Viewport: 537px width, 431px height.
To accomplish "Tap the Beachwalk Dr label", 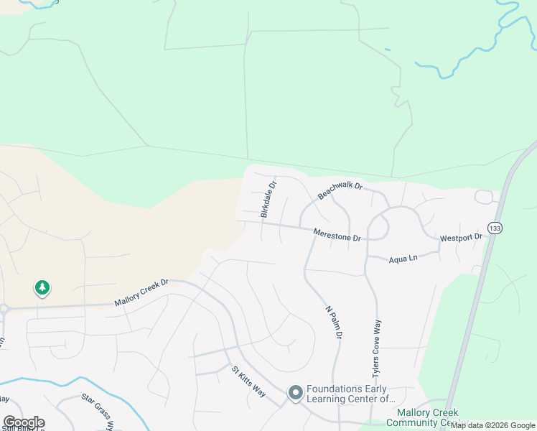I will (341, 190).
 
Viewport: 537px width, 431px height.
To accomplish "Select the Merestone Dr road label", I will (337, 233).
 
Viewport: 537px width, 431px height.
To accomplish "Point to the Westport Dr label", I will (460, 237).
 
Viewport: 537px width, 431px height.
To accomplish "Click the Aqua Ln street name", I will (403, 258).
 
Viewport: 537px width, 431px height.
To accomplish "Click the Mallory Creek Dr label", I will (141, 294).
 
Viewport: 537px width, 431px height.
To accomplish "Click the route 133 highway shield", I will (495, 228).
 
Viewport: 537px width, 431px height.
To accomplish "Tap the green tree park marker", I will (42, 288).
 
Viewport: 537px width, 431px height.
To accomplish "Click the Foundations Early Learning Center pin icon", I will (294, 392).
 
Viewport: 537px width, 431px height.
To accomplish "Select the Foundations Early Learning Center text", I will (350, 394).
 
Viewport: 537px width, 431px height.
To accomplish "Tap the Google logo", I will (23, 422).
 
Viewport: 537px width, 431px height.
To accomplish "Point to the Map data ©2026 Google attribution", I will (492, 425).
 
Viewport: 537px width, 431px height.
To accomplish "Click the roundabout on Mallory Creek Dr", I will (2, 310).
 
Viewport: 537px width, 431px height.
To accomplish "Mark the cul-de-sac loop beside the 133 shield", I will (485, 196).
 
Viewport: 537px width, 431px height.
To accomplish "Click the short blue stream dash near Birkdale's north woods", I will (387, 49).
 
